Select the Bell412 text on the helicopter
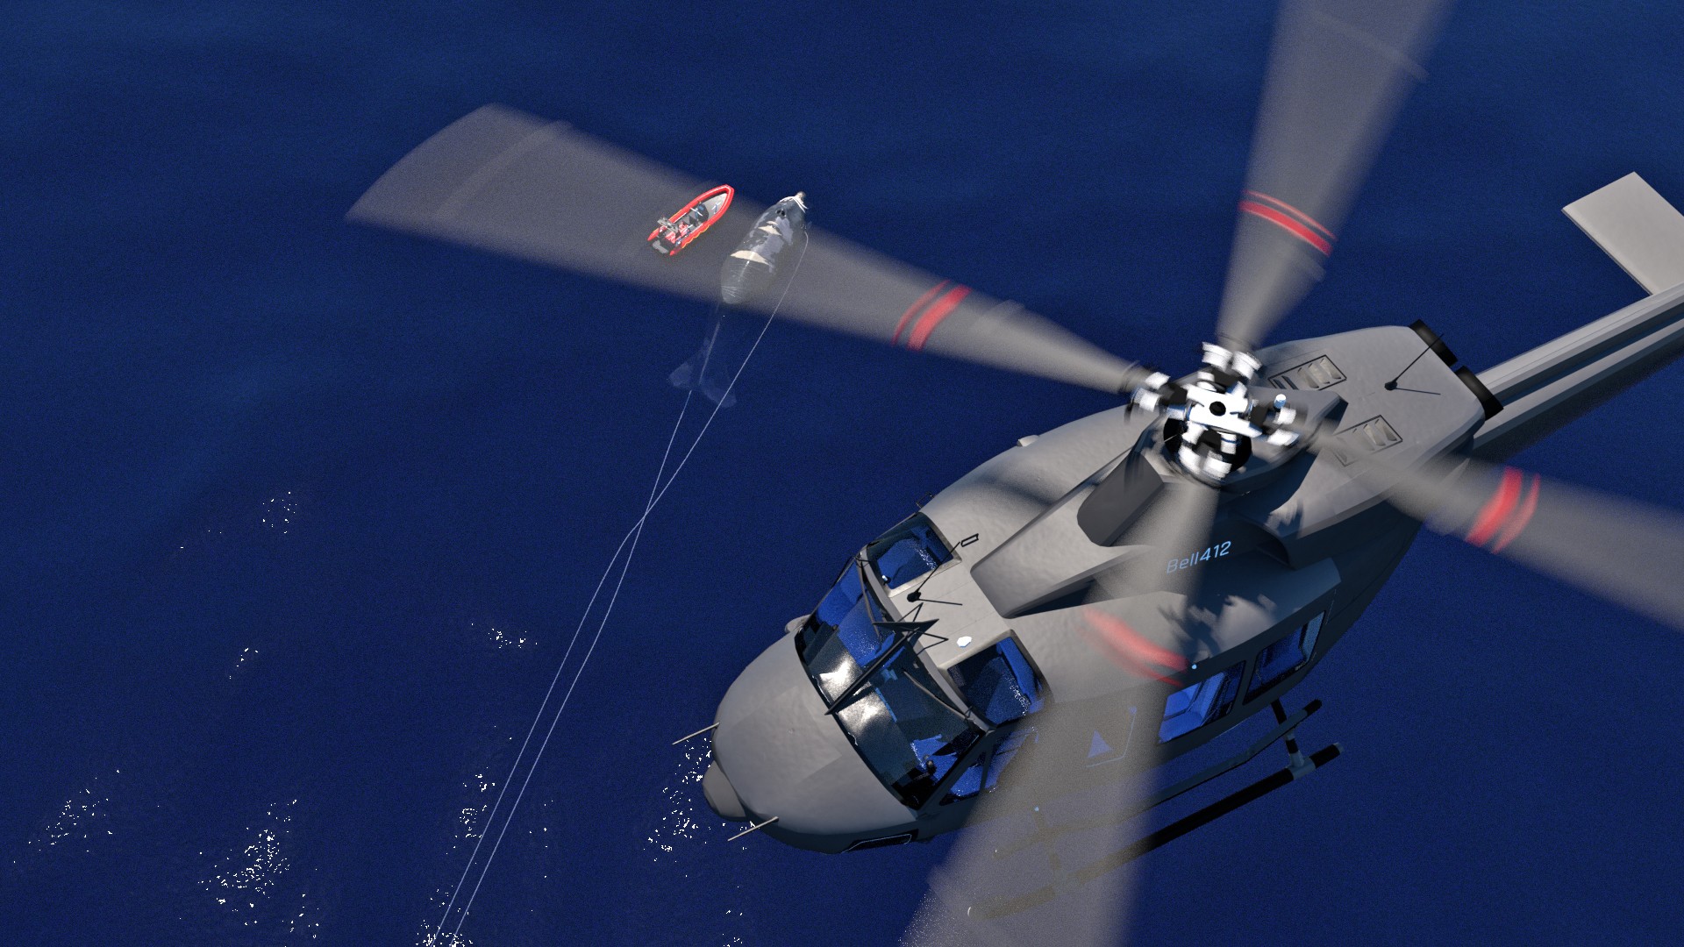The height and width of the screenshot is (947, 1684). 1198,556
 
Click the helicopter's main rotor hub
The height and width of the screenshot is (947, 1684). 1215,412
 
